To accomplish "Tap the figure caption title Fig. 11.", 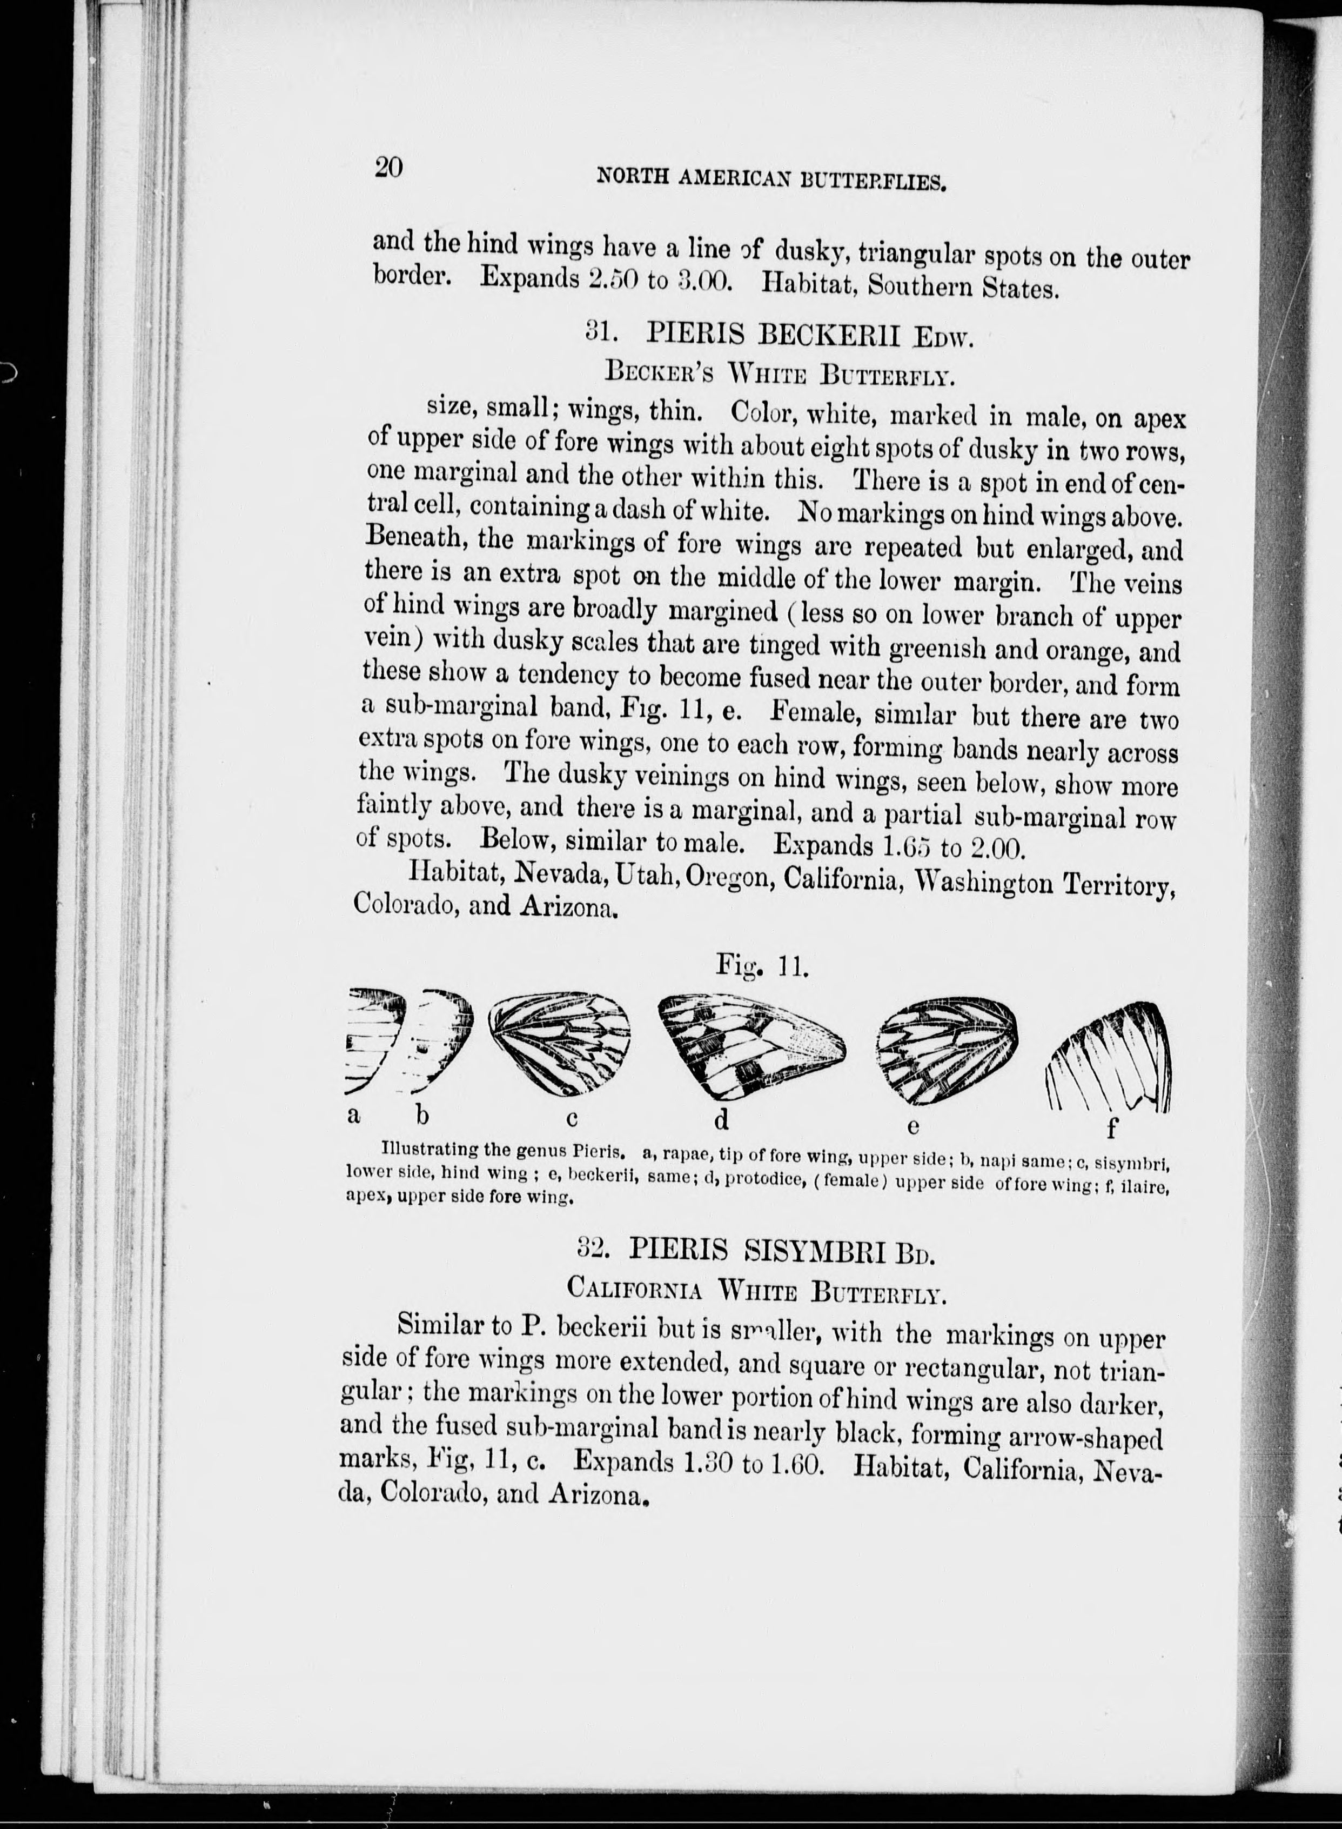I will (x=760, y=966).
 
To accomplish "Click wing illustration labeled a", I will (x=375, y=1042).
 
